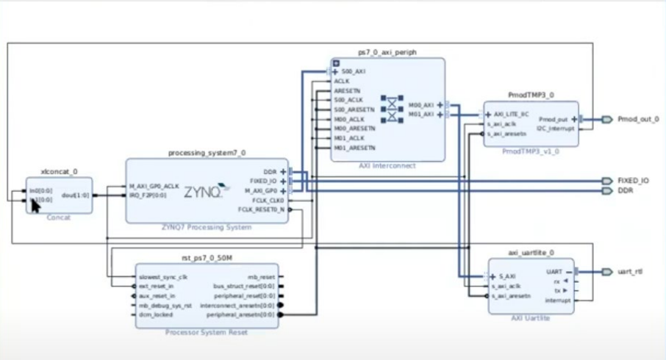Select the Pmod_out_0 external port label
(x=637, y=119)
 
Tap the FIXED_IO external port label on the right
(x=633, y=181)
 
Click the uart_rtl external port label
(x=631, y=271)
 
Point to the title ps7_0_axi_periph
(x=387, y=53)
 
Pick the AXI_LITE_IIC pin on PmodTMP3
(x=511, y=115)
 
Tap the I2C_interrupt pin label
(x=556, y=128)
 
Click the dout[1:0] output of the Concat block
(x=76, y=195)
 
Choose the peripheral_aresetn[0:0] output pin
(x=240, y=314)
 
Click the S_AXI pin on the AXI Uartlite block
(x=506, y=277)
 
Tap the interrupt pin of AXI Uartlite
(x=557, y=300)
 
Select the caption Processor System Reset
(x=207, y=332)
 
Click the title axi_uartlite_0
(x=531, y=252)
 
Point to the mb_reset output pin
(x=261, y=277)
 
